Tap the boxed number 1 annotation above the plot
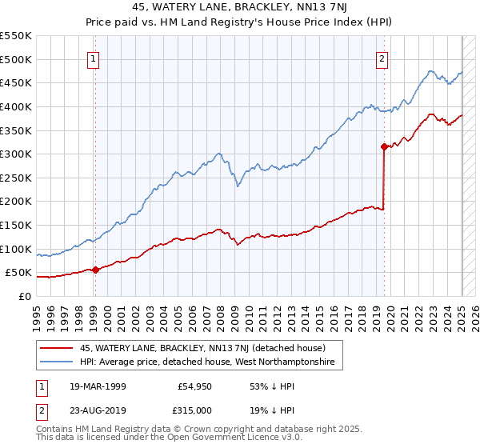click(x=94, y=58)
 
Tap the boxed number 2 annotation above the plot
click(x=382, y=58)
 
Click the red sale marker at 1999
click(x=95, y=270)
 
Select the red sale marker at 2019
click(x=384, y=146)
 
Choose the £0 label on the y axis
click(x=25, y=296)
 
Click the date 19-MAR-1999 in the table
click(x=98, y=386)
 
